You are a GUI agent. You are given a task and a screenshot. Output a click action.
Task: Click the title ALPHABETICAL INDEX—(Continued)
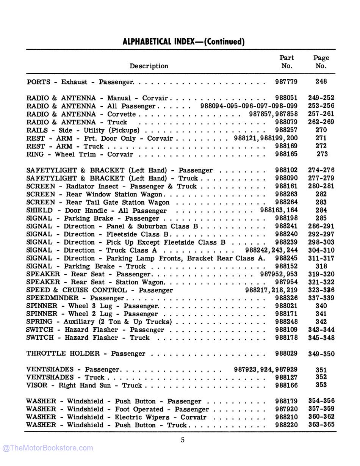click(x=183, y=42)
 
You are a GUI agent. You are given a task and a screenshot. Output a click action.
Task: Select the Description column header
click(x=149, y=66)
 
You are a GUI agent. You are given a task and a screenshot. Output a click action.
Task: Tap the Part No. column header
click(x=286, y=62)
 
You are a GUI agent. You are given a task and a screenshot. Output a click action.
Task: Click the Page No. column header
click(x=321, y=62)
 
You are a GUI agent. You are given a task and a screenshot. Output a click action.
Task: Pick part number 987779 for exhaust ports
click(x=286, y=82)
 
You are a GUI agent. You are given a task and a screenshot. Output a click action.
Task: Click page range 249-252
click(x=321, y=98)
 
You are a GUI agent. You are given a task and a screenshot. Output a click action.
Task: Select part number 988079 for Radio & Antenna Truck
click(x=286, y=122)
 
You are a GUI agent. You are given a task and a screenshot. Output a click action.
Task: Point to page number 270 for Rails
click(x=321, y=130)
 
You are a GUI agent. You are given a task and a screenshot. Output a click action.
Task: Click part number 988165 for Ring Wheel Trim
click(x=286, y=154)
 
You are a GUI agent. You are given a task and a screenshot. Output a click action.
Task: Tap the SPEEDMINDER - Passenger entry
click(x=75, y=298)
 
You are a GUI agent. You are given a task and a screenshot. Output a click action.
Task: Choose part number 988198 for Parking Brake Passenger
click(x=286, y=218)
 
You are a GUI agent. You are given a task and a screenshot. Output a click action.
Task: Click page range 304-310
click(x=321, y=250)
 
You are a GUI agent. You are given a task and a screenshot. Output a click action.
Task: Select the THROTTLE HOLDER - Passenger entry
click(x=86, y=354)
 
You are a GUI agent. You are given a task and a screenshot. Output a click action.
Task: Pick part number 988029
click(x=286, y=353)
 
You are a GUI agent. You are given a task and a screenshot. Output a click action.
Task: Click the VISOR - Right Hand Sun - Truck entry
click(x=84, y=386)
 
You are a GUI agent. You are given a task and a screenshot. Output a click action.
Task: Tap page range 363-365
click(x=321, y=425)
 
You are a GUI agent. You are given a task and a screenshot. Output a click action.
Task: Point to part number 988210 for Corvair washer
click(x=286, y=417)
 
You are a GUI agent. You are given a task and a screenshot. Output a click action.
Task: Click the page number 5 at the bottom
click(x=183, y=440)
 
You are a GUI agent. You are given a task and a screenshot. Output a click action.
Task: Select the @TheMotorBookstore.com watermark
click(x=48, y=448)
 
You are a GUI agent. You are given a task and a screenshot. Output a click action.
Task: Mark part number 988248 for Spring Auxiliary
click(x=286, y=322)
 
